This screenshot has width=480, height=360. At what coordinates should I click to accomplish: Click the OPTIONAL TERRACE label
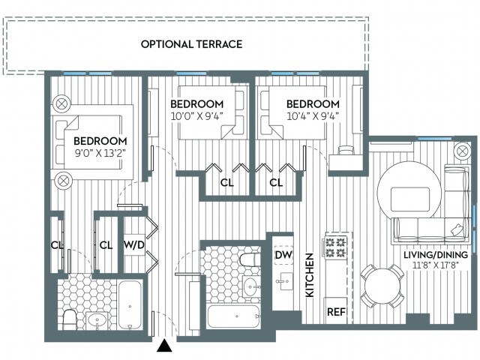(192, 44)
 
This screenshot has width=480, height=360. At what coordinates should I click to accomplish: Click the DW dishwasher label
(283, 255)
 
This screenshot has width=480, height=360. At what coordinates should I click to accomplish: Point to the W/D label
(134, 245)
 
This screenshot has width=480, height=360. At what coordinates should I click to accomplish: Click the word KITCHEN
(310, 274)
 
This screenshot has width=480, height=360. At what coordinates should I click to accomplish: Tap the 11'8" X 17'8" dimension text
(436, 265)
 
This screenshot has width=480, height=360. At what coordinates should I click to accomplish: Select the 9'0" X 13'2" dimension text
(100, 153)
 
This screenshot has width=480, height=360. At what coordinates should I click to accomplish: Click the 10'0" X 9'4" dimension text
(196, 116)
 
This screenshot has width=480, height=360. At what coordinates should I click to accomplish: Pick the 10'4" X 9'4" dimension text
(313, 116)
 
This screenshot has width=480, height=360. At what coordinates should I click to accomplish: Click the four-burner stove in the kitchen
(335, 247)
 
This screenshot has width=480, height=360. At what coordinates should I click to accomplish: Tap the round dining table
(382, 286)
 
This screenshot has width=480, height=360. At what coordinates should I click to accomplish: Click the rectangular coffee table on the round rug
(410, 199)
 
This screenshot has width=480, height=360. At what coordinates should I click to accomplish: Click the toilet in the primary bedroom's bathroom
(70, 320)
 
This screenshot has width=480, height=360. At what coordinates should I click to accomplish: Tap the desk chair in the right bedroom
(345, 150)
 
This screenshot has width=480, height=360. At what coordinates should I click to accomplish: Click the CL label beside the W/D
(106, 245)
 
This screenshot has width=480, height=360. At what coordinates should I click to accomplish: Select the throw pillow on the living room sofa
(457, 230)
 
